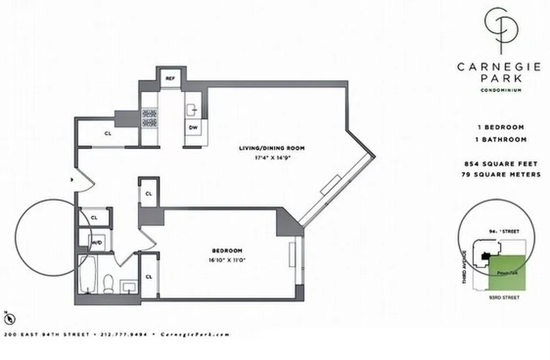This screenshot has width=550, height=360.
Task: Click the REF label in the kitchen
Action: point(170,78)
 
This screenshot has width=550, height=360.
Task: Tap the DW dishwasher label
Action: point(193,127)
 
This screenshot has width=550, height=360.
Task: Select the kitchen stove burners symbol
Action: point(150,118)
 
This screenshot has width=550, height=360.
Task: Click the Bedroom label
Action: point(227,251)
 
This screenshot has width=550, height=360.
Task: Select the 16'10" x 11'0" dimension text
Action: point(227,260)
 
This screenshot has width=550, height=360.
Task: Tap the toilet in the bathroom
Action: point(108,284)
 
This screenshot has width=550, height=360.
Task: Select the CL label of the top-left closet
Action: point(107,133)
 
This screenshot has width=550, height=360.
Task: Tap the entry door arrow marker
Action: point(72,180)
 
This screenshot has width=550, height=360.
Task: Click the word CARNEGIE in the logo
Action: point(499,67)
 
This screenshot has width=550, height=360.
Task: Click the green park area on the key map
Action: point(507,273)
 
